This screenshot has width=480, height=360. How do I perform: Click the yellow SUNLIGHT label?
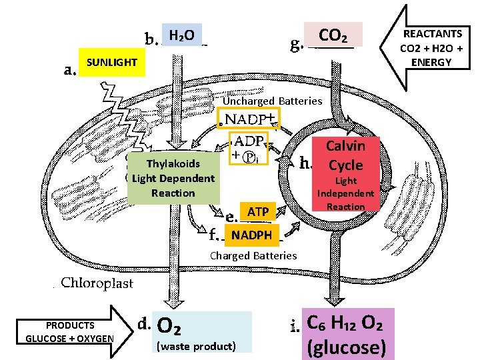tap(111, 62)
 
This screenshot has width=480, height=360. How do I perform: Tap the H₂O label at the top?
tap(181, 35)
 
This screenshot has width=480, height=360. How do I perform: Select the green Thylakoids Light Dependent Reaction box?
tap(173, 178)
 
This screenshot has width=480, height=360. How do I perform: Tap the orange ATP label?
tap(257, 212)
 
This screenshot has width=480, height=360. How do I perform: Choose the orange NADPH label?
tap(251, 235)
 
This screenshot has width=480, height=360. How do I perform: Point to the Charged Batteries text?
tap(253, 256)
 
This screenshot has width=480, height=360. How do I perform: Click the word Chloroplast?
tap(97, 283)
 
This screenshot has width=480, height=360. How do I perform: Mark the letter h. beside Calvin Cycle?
tap(307, 162)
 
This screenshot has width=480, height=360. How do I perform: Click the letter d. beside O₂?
tap(146, 323)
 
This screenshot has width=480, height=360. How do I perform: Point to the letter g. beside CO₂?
tap(296, 45)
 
